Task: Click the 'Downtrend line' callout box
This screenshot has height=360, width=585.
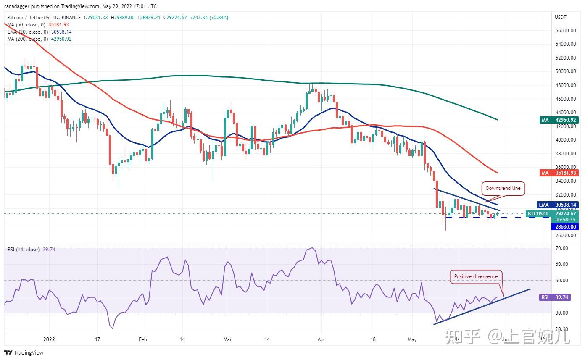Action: point(503,188)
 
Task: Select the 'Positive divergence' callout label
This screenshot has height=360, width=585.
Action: point(476,276)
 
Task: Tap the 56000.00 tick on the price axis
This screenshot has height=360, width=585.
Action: point(565,31)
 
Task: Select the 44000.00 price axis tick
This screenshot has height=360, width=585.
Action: point(565,113)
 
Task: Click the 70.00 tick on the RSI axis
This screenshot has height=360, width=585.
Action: point(562,248)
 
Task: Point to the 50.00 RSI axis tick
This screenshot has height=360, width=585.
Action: point(562,281)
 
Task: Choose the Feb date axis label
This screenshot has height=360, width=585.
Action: point(142,339)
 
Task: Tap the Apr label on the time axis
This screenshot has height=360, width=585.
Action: point(321,339)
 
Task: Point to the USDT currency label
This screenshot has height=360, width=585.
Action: point(561,17)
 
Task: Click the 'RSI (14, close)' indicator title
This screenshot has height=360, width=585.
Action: point(24,250)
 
